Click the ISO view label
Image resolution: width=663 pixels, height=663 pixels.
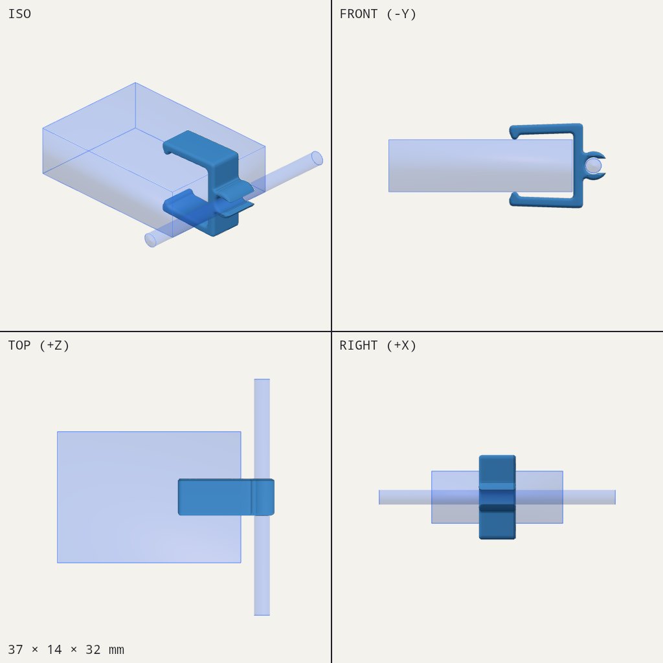click(19, 14)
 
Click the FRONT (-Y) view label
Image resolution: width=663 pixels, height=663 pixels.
click(378, 14)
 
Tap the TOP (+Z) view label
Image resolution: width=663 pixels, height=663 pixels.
click(38, 346)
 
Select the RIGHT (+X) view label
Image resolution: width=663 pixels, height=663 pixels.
click(378, 346)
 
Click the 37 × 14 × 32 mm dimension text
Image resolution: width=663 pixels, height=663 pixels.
click(66, 649)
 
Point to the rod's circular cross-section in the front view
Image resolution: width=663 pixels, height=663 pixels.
click(593, 166)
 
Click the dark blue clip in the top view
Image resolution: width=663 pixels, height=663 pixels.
click(226, 497)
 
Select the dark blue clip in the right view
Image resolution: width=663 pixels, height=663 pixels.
click(497, 497)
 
